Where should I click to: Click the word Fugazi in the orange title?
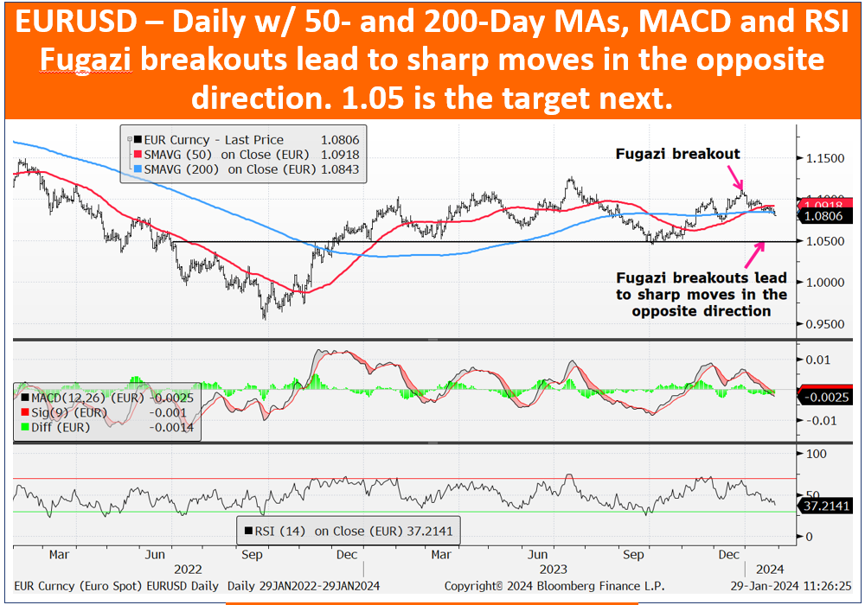pos(86,60)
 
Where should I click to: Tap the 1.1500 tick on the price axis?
pos(824,159)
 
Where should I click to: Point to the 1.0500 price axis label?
pos(824,241)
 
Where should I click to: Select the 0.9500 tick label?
pos(824,324)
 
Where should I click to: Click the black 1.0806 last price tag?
pos(823,216)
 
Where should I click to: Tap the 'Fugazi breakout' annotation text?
pos(677,155)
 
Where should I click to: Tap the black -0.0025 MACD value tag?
pos(825,398)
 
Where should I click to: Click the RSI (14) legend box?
pos(348,532)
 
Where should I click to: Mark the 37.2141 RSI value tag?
pos(825,506)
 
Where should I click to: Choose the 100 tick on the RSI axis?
pos(817,454)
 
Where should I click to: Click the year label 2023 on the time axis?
pos(553,570)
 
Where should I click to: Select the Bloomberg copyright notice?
pos(554,586)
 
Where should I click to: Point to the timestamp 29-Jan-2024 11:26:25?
pos(791,586)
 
